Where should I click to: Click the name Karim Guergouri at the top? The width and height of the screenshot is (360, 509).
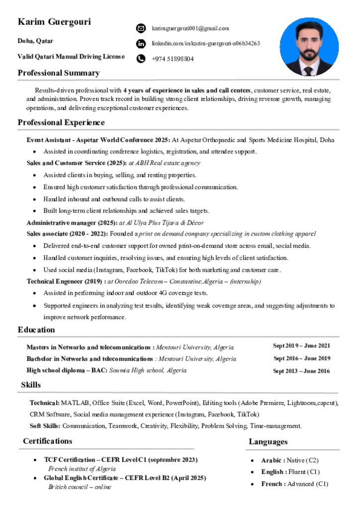click(54, 22)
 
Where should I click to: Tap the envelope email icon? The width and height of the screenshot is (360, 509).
click(141, 28)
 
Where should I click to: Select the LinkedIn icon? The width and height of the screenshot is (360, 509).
click(141, 44)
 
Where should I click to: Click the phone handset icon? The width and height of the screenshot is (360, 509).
click(141, 59)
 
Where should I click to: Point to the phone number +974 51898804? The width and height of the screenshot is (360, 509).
click(173, 59)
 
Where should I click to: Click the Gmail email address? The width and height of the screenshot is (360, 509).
click(190, 28)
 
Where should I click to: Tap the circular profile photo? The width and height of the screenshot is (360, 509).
click(309, 47)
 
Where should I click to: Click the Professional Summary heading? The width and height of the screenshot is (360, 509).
click(59, 73)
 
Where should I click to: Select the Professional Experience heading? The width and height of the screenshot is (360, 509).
click(61, 122)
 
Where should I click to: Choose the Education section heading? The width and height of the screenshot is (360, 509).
click(36, 330)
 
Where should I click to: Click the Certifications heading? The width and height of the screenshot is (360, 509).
click(47, 441)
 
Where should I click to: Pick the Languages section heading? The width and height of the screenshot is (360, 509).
click(268, 441)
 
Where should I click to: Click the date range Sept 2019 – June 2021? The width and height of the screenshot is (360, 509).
click(301, 346)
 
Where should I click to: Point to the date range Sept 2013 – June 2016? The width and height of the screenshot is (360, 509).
click(301, 371)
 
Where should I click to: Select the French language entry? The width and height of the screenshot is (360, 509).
click(294, 484)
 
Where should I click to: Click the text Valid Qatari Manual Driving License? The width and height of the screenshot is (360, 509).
click(71, 57)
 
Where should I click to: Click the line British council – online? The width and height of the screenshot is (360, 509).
click(80, 487)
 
